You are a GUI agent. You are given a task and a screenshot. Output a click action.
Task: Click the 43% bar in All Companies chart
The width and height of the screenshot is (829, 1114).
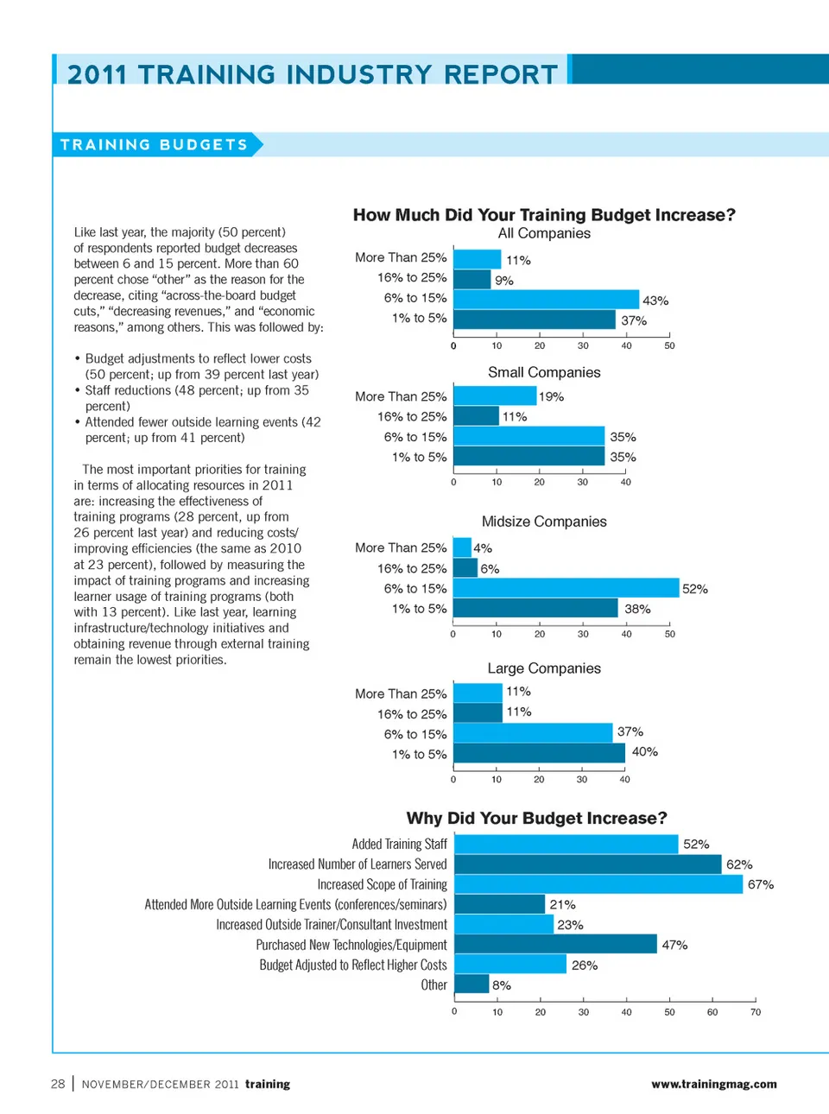click(x=546, y=299)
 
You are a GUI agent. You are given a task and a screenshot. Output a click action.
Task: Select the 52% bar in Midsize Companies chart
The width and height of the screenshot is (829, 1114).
click(x=566, y=588)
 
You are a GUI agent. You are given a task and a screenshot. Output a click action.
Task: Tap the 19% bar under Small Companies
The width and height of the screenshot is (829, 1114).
click(x=495, y=396)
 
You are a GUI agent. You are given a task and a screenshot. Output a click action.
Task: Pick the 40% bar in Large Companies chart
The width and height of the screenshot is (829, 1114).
click(x=539, y=753)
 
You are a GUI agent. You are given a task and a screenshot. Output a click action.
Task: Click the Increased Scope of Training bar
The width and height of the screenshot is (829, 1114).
click(x=598, y=884)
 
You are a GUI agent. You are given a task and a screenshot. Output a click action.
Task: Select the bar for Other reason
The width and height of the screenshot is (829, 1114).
click(x=471, y=984)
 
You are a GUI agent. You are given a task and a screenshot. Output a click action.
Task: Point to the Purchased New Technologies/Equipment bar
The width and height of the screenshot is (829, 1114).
click(x=555, y=944)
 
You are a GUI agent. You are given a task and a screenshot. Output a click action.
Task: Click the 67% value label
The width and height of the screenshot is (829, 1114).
click(x=761, y=884)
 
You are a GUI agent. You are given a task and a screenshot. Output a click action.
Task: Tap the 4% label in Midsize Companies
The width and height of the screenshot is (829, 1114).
click(x=483, y=548)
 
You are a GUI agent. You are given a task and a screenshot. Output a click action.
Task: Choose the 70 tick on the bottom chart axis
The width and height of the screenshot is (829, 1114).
click(x=756, y=1012)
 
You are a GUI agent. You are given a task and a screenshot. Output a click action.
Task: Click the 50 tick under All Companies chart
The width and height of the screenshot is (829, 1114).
click(x=669, y=345)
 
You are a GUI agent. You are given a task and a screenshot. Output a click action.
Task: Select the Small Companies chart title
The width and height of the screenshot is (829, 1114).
click(x=544, y=372)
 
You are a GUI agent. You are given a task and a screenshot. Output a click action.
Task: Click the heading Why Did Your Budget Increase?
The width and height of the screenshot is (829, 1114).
click(x=536, y=818)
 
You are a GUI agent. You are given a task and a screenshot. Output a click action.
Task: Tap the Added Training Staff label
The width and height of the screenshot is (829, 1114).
click(x=399, y=844)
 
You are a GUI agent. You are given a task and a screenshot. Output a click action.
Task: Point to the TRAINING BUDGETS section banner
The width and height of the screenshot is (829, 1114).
click(x=155, y=144)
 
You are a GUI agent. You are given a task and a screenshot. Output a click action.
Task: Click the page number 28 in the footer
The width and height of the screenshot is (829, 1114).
click(x=58, y=1084)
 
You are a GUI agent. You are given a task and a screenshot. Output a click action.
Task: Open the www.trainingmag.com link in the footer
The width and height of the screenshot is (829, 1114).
click(x=714, y=1084)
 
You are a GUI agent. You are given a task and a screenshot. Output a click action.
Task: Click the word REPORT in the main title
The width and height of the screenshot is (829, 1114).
click(x=501, y=74)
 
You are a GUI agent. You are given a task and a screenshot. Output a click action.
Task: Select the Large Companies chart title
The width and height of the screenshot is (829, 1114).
click(x=544, y=668)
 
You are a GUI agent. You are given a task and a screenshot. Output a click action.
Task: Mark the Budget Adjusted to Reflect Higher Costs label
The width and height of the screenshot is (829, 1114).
click(x=353, y=965)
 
